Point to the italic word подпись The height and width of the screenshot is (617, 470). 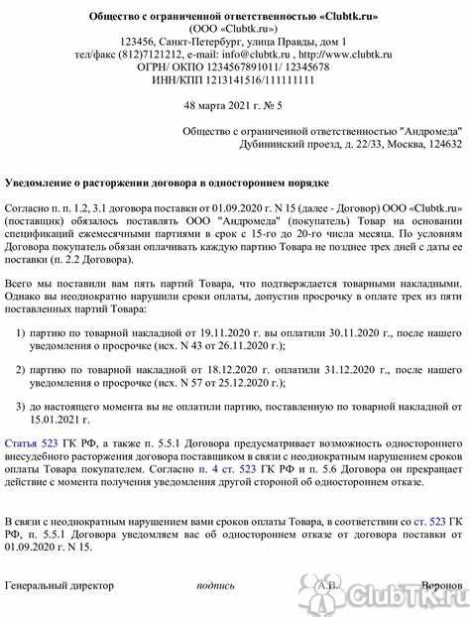(x=216, y=585)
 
